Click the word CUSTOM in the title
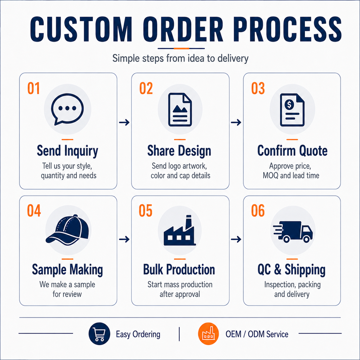point(81,29)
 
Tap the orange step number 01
point(33,88)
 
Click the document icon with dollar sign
point(292,110)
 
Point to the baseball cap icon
point(67,230)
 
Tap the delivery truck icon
point(293,231)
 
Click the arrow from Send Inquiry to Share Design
point(124,122)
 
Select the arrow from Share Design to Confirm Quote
point(236,122)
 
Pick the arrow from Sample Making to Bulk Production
point(124,240)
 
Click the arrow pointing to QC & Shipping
point(236,240)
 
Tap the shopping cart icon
point(99,334)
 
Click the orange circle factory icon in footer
point(208,334)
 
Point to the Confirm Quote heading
point(292,151)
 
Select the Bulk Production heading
point(179,270)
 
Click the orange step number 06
point(258,210)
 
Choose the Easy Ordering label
point(138,334)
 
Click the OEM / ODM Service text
point(257,334)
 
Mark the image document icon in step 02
point(180,109)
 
